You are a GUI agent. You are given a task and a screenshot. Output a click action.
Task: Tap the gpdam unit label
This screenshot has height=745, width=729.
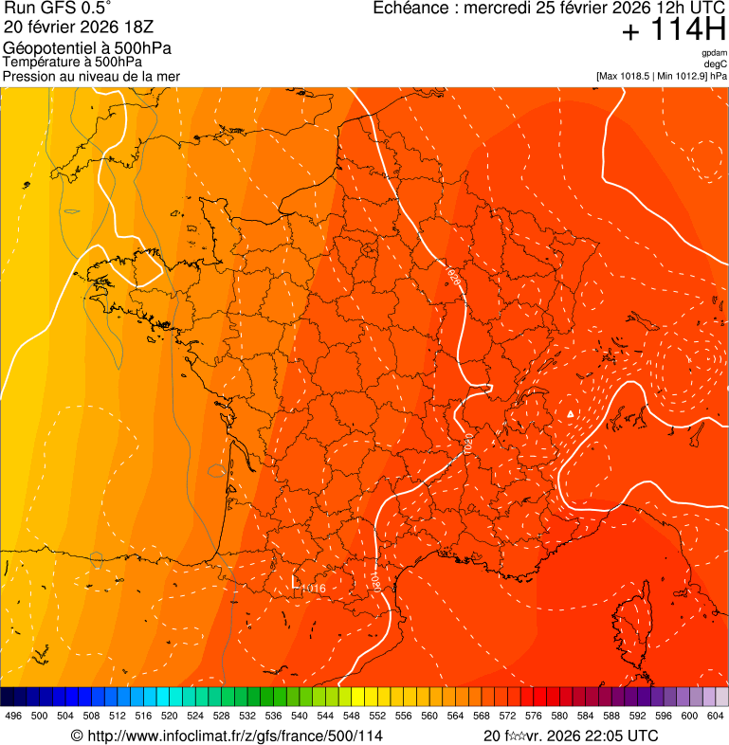pyautogui.click(x=714, y=53)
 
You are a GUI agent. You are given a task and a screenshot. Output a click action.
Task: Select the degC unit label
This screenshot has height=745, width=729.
pyautogui.click(x=716, y=64)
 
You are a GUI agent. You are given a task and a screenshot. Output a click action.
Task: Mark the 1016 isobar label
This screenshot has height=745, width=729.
pyautogui.click(x=314, y=589)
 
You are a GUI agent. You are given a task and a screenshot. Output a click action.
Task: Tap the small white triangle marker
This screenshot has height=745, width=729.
pyautogui.click(x=569, y=415)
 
